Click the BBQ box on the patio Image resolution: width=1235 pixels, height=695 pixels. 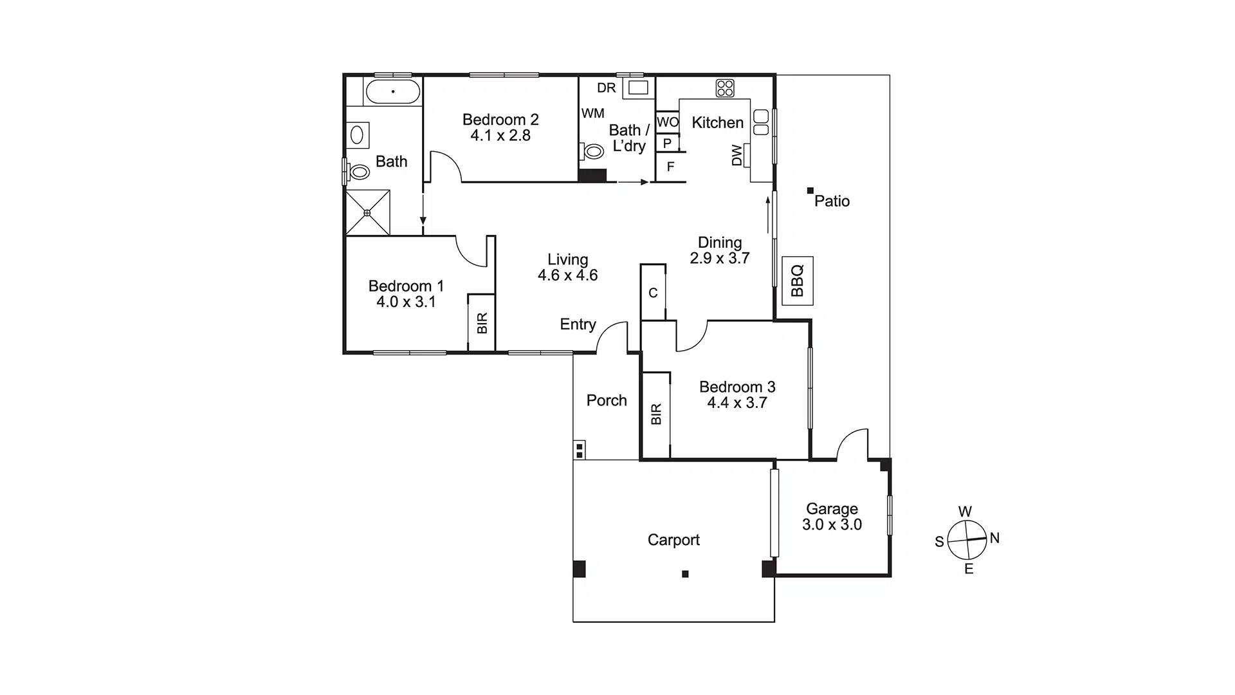click(x=797, y=281)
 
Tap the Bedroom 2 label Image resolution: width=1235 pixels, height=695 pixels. click(x=500, y=120)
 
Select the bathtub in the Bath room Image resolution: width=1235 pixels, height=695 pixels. click(x=392, y=92)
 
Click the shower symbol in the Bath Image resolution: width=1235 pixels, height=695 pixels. click(x=368, y=212)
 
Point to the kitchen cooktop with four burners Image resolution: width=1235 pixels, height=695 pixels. click(x=725, y=88)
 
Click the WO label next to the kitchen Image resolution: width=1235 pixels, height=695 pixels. click(x=668, y=122)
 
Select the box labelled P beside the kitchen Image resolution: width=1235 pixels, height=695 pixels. click(x=667, y=143)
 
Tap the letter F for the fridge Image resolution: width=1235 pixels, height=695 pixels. click(x=670, y=167)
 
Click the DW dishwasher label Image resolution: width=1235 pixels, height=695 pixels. click(x=737, y=155)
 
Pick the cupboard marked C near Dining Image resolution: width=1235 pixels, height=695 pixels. click(x=653, y=293)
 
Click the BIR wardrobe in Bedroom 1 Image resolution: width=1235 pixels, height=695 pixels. click(x=482, y=322)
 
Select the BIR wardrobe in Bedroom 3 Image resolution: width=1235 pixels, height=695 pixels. click(x=656, y=414)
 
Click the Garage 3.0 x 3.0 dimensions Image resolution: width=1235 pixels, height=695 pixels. click(x=832, y=524)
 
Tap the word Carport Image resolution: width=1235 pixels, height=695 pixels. click(x=673, y=540)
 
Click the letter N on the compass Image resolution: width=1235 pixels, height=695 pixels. click(x=994, y=538)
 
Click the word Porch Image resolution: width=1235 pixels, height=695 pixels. click(x=607, y=400)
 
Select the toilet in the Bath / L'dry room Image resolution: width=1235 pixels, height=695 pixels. click(x=592, y=152)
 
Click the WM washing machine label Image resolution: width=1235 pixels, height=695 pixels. click(x=592, y=113)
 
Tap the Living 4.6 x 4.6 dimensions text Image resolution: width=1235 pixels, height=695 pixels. click(x=567, y=275)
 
